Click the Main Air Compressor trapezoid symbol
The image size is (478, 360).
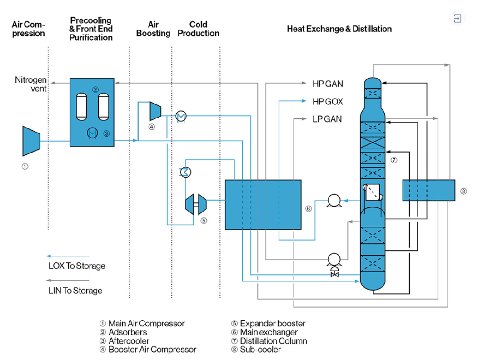pyautogui.click(x=31, y=141)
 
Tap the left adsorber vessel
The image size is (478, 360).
pyautogui.click(x=81, y=107)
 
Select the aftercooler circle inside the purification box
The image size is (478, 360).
pyautogui.click(x=92, y=133)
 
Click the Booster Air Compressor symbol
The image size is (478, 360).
pyautogui.click(x=155, y=111)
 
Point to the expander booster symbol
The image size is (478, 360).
pyautogui.click(x=196, y=204)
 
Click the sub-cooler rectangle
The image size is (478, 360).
pyautogui.click(x=428, y=190)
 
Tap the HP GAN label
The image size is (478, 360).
pyautogui.click(x=328, y=84)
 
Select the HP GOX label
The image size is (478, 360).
pyautogui.click(x=328, y=101)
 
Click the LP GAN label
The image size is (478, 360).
pyautogui.click(x=327, y=119)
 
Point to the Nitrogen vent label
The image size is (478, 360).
pyautogui.click(x=31, y=84)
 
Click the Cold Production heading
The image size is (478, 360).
pyautogui.click(x=199, y=29)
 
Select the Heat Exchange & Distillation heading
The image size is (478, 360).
pyautogui.click(x=339, y=29)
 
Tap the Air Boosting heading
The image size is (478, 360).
pyautogui.click(x=153, y=29)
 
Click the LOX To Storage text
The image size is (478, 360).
pyautogui.click(x=77, y=266)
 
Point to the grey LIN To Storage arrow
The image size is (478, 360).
pyautogui.click(x=67, y=280)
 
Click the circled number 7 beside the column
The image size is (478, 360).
pyautogui.click(x=394, y=160)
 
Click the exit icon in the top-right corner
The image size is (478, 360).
pyautogui.click(x=457, y=18)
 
